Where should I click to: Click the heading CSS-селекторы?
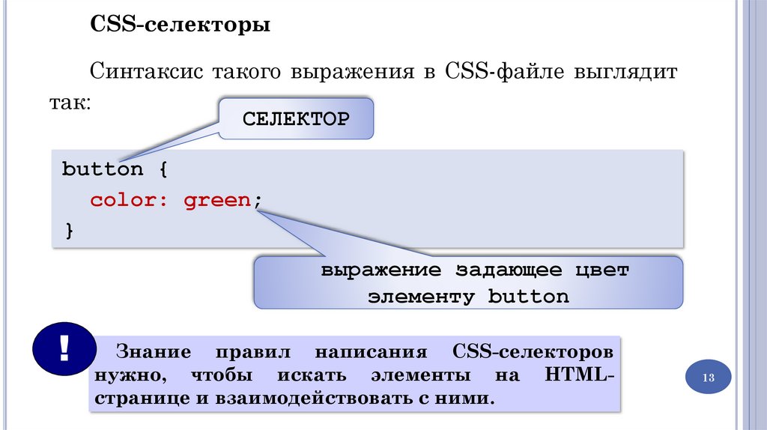click(x=181, y=26)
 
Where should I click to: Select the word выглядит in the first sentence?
click(x=625, y=73)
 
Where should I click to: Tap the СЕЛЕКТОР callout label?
click(x=295, y=119)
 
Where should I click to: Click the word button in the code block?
click(x=102, y=169)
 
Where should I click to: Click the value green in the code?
click(x=216, y=201)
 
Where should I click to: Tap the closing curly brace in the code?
click(x=69, y=231)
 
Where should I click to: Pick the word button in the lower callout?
click(x=529, y=297)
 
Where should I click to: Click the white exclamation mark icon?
click(x=64, y=348)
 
